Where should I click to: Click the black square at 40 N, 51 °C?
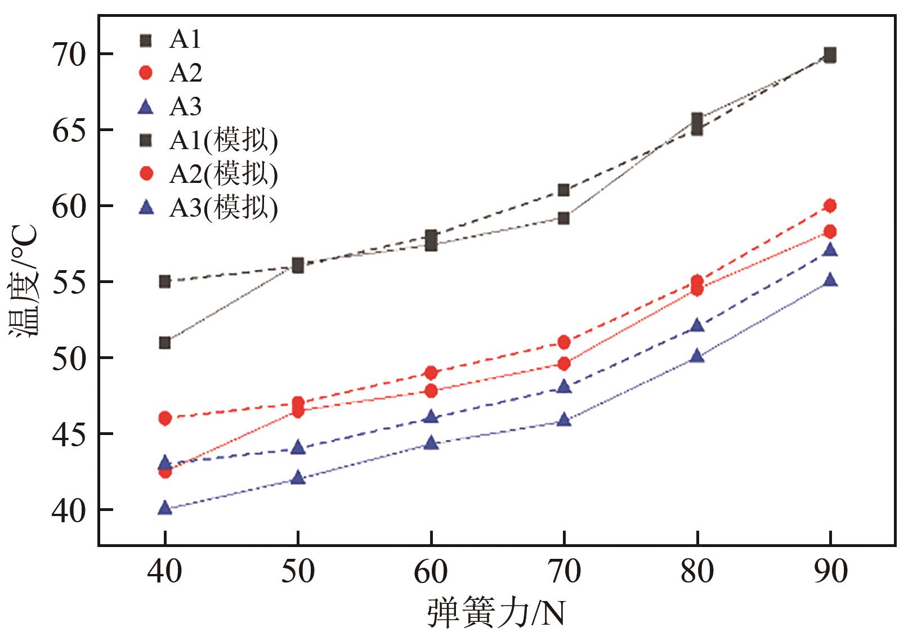(164, 342)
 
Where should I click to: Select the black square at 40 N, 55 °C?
(164, 281)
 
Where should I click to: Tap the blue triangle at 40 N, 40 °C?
(164, 508)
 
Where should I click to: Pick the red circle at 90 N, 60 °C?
(830, 205)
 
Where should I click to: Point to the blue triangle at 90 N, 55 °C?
(830, 280)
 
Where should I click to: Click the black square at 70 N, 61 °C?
(563, 190)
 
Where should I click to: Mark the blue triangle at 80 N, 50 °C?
(697, 356)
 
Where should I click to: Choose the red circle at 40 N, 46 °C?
(164, 418)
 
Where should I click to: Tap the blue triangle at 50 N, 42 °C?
(298, 478)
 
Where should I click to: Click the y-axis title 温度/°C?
(24, 281)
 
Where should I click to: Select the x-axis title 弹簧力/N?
(495, 613)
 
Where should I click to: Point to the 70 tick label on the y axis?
(68, 54)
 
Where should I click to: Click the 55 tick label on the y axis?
(68, 281)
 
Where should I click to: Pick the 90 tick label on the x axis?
(830, 572)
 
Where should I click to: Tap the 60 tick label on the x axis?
(431, 572)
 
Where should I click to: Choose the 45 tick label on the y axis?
(68, 433)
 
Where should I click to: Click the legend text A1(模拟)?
(223, 140)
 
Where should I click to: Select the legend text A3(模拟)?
(223, 208)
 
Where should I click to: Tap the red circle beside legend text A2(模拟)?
(146, 174)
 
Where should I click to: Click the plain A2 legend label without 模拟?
(185, 73)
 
